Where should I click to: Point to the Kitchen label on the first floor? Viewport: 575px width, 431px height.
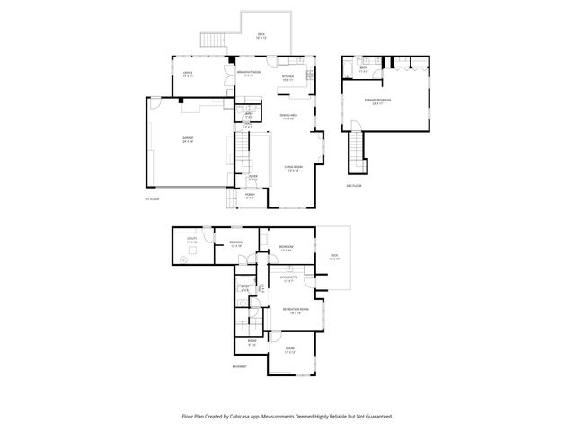pos(287,78)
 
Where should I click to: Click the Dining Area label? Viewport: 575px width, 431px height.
pos(288,117)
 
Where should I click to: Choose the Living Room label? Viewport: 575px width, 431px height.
pos(292,168)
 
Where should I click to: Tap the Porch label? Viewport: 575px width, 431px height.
pos(250,195)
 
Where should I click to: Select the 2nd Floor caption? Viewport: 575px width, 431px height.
pos(354,186)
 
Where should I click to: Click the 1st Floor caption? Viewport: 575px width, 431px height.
pos(151,199)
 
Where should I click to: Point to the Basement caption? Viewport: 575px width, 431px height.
pos(239,367)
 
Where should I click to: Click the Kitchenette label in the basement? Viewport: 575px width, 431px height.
pos(288,279)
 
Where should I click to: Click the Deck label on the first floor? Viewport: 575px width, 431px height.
pos(261,36)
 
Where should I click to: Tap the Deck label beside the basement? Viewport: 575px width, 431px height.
pos(334,256)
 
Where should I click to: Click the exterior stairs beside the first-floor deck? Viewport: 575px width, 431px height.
pos(212,41)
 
